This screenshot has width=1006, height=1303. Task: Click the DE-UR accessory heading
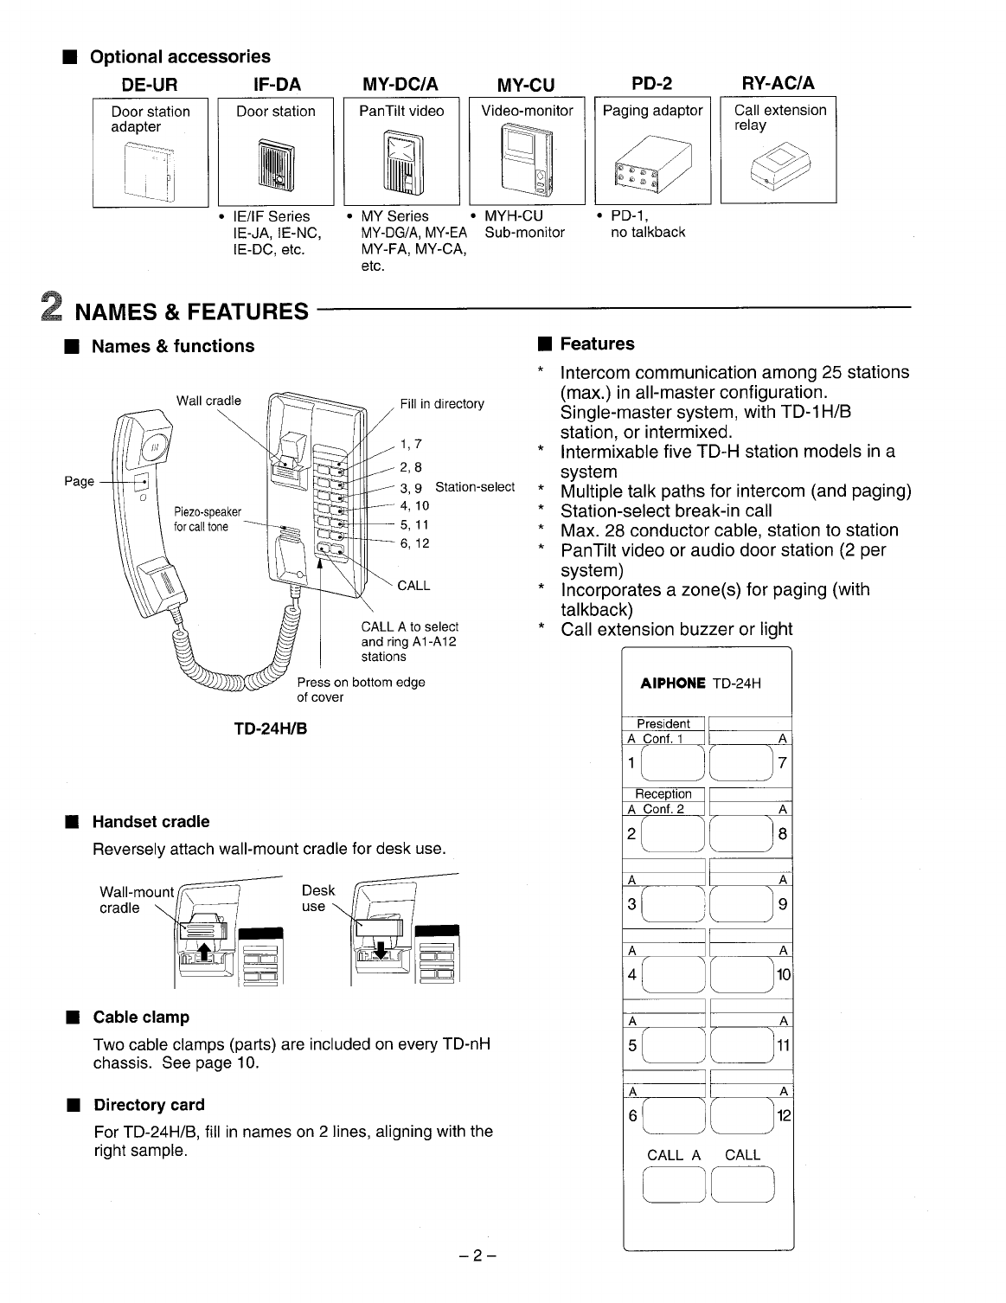tap(150, 84)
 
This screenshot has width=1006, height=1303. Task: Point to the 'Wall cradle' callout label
tap(208, 401)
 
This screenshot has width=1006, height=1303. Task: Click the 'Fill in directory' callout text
tap(442, 404)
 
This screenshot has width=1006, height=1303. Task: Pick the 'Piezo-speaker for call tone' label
tap(208, 519)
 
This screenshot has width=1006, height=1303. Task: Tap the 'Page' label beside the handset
tap(80, 481)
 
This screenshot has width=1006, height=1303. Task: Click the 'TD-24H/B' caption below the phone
tap(271, 729)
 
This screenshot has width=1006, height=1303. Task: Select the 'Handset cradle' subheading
tap(151, 822)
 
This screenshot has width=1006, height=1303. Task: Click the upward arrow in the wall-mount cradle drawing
tap(203, 952)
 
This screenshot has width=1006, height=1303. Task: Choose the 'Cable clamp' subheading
tap(141, 1017)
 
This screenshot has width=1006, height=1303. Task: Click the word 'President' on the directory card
tap(663, 724)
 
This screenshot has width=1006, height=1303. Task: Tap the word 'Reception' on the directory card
tap(663, 794)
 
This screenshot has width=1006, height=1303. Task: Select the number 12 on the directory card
tap(784, 1116)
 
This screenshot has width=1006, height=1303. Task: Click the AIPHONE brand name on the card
tap(673, 684)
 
